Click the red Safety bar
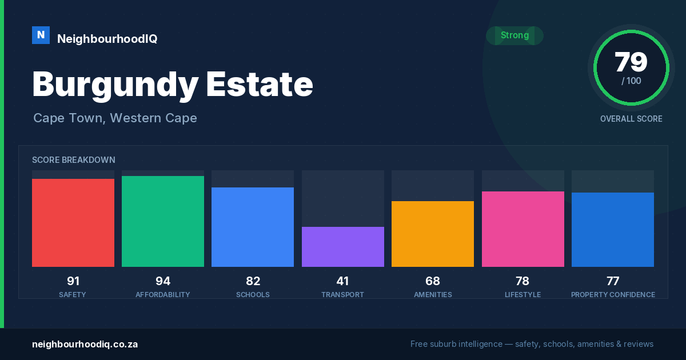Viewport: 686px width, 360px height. tap(73, 222)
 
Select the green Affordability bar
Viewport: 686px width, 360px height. tap(163, 221)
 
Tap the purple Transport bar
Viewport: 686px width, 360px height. tap(343, 247)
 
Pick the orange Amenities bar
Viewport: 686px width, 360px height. tap(433, 234)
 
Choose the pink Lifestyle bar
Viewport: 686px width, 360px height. tap(523, 229)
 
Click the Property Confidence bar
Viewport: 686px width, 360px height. tap(613, 230)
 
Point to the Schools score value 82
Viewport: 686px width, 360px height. tap(253, 281)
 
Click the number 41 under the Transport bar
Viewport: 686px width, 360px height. tap(342, 281)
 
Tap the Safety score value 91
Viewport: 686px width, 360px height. tap(73, 281)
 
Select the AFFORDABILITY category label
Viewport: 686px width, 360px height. tap(163, 294)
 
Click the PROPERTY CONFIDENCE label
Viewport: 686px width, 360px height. tap(613, 294)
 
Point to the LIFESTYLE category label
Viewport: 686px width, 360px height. tap(523, 294)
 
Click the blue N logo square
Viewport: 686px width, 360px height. tap(41, 35)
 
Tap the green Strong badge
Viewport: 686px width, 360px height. tap(515, 35)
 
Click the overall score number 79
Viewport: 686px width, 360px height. tap(631, 62)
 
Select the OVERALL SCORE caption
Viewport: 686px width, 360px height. tap(631, 119)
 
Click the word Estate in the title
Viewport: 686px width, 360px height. tap(260, 84)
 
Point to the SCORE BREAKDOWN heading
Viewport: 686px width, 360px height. tap(74, 160)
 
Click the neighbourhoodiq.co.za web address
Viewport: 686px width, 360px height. tap(85, 344)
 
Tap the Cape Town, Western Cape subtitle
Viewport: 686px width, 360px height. tap(115, 118)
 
